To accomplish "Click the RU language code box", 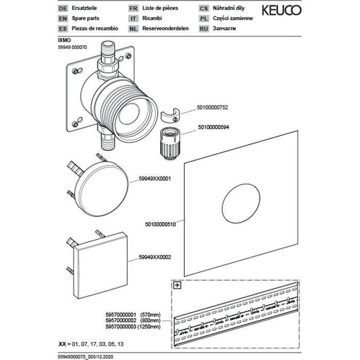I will click(204, 27).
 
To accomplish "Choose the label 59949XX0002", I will click(154, 256).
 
